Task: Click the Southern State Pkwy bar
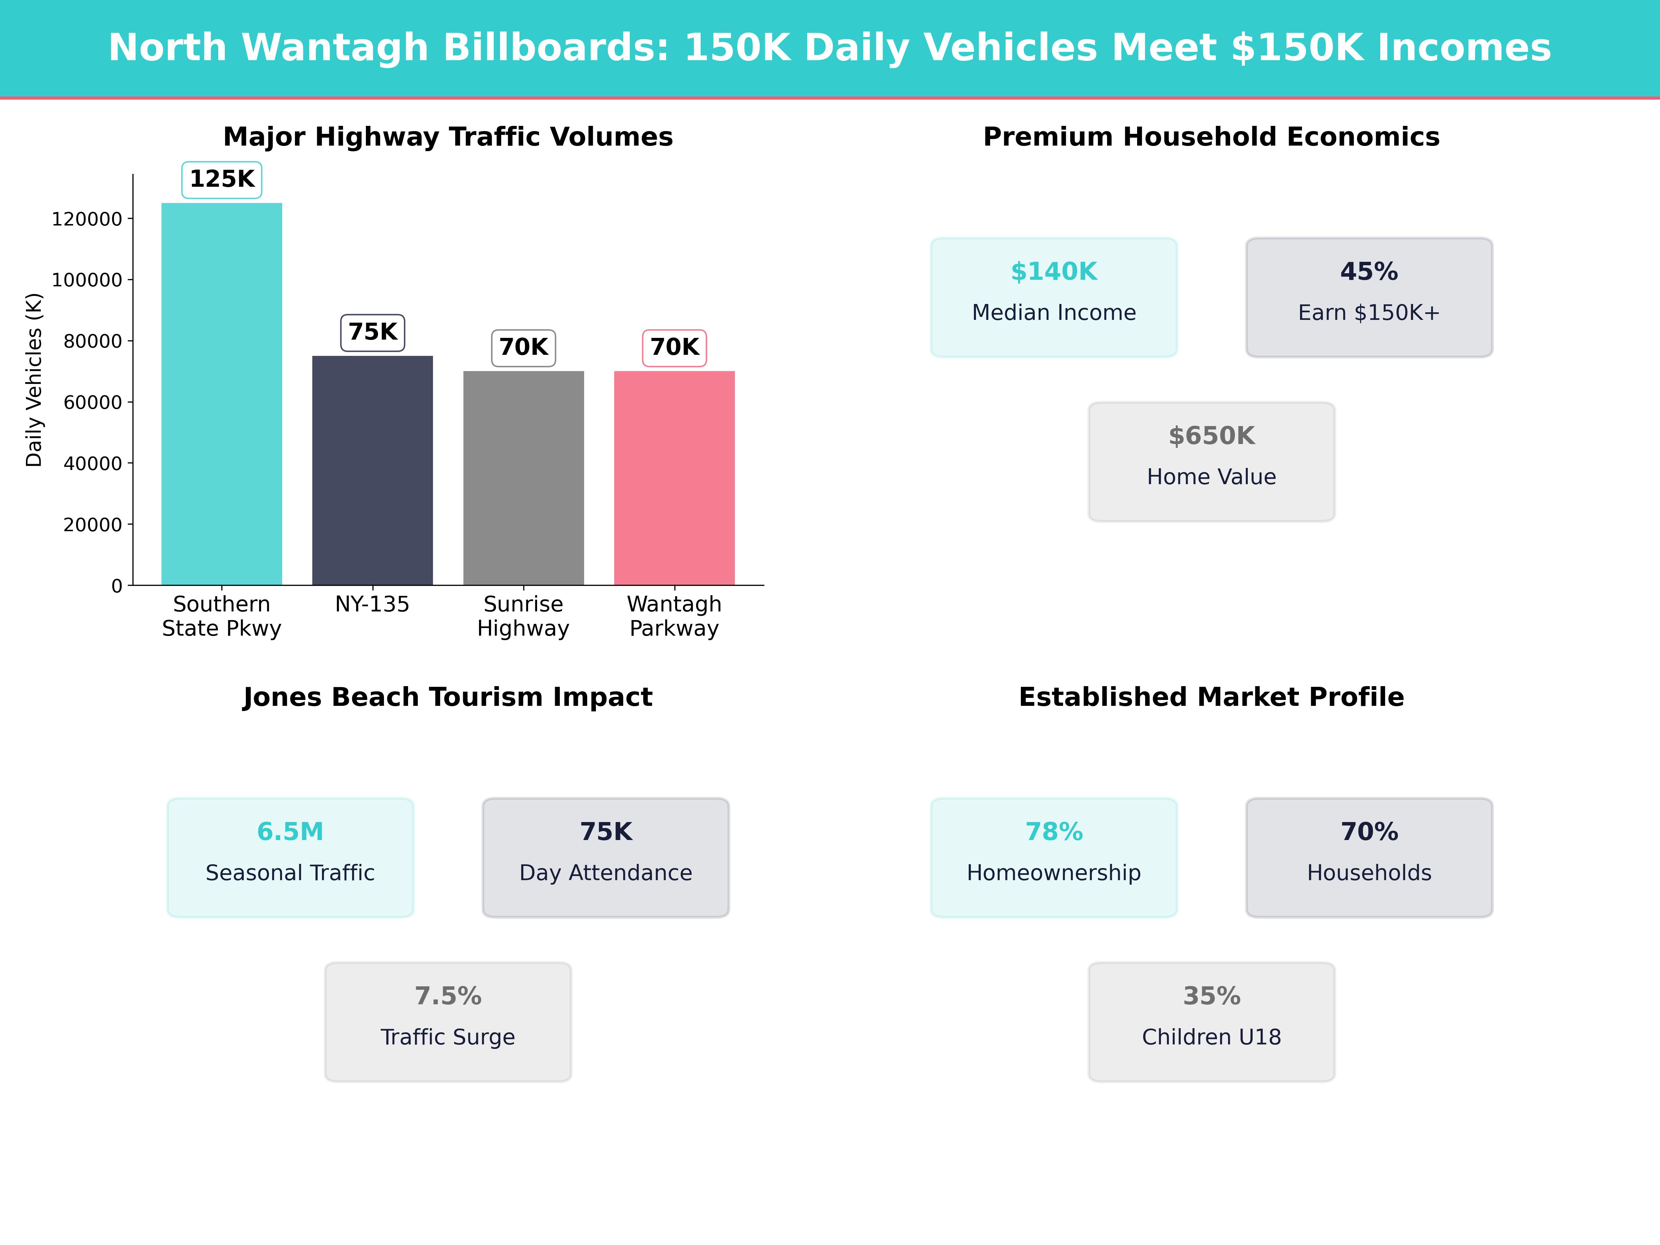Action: (221, 394)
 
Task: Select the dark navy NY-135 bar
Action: (372, 471)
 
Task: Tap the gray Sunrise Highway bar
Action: (523, 478)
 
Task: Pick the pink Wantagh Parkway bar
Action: (674, 478)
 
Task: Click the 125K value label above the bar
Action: (221, 179)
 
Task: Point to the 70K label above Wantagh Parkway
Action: (674, 348)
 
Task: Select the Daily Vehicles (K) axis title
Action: (34, 380)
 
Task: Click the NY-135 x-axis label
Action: (372, 604)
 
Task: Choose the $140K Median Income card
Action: (1054, 297)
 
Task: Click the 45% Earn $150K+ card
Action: (1369, 297)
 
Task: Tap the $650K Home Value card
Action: (1211, 462)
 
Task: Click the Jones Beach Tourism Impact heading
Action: (447, 697)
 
